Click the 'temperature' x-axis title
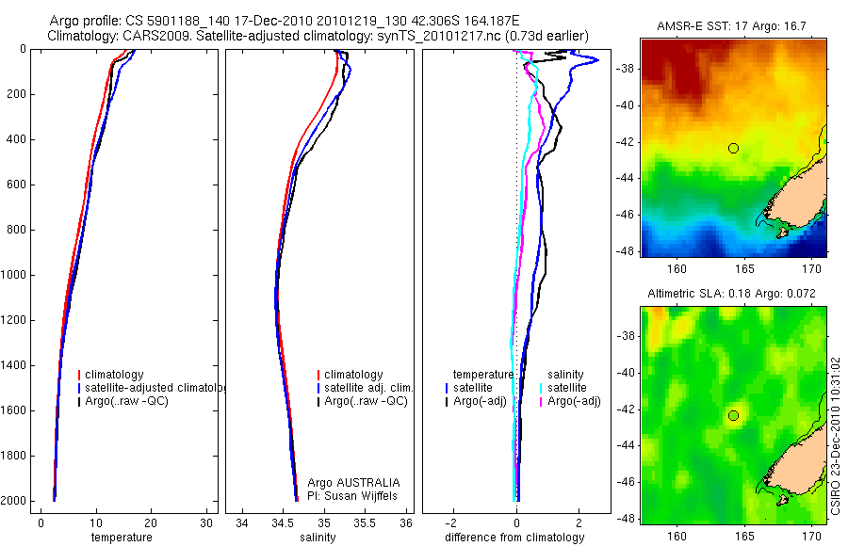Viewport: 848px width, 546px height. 121,538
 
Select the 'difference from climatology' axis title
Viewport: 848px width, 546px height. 514,538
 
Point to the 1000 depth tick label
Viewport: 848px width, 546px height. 14,276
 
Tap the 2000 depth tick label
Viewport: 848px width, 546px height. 14,502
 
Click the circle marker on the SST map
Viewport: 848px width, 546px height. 733,148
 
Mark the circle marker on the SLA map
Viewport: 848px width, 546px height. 733,415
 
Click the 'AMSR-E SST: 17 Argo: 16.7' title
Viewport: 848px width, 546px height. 733,31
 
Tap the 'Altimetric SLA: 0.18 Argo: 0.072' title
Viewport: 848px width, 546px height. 733,295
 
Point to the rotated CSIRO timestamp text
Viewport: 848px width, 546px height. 837,435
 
